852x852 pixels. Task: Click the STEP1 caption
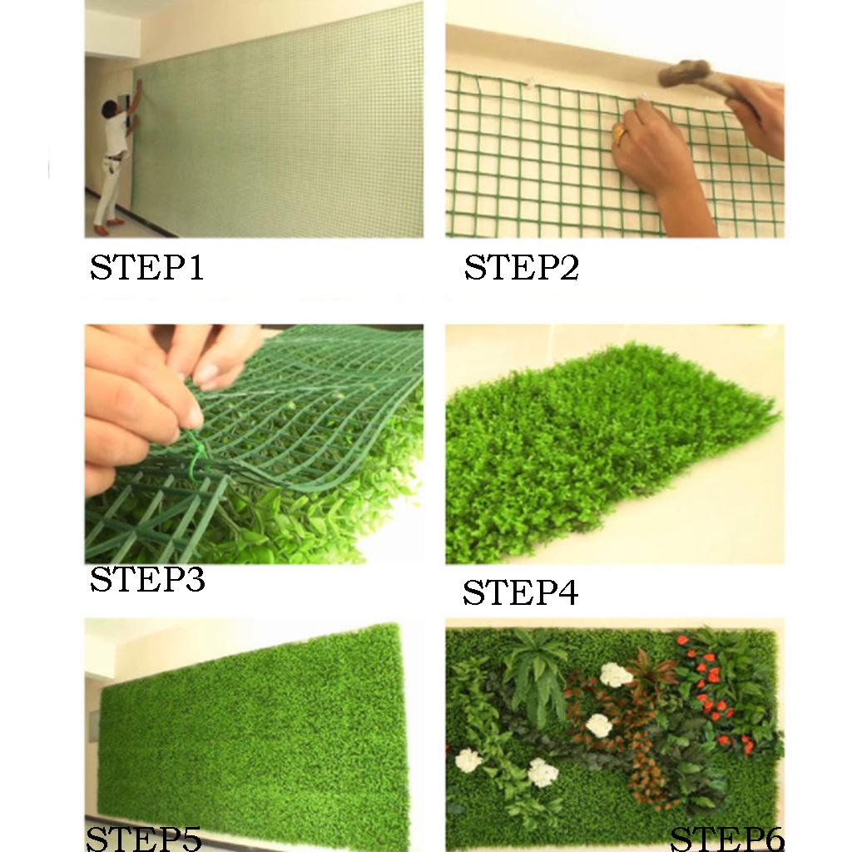tap(146, 267)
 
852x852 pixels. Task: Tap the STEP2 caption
tap(522, 267)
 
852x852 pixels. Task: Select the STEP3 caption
tap(147, 579)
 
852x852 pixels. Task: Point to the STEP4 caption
tap(520, 592)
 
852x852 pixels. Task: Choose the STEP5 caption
tap(144, 840)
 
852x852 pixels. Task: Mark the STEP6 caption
tap(727, 840)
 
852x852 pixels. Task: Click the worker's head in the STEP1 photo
tap(111, 107)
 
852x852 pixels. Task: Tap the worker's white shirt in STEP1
tap(116, 132)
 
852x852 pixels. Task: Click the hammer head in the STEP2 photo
tap(685, 73)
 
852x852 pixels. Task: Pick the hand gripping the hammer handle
tap(755, 114)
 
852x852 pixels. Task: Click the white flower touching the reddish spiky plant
tap(617, 675)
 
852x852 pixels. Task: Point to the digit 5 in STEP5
tap(191, 840)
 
